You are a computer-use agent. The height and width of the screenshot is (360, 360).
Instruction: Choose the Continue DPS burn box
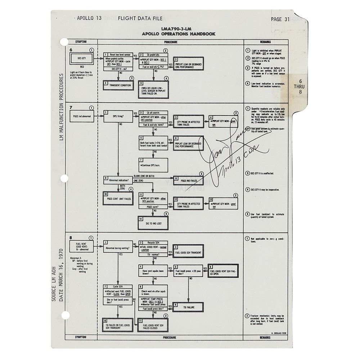[153, 164]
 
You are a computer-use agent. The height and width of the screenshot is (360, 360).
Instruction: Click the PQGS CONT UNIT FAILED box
[118, 198]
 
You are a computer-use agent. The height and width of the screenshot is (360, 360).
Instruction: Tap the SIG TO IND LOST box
[153, 223]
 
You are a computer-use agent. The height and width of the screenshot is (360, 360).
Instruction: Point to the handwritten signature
[230, 151]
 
